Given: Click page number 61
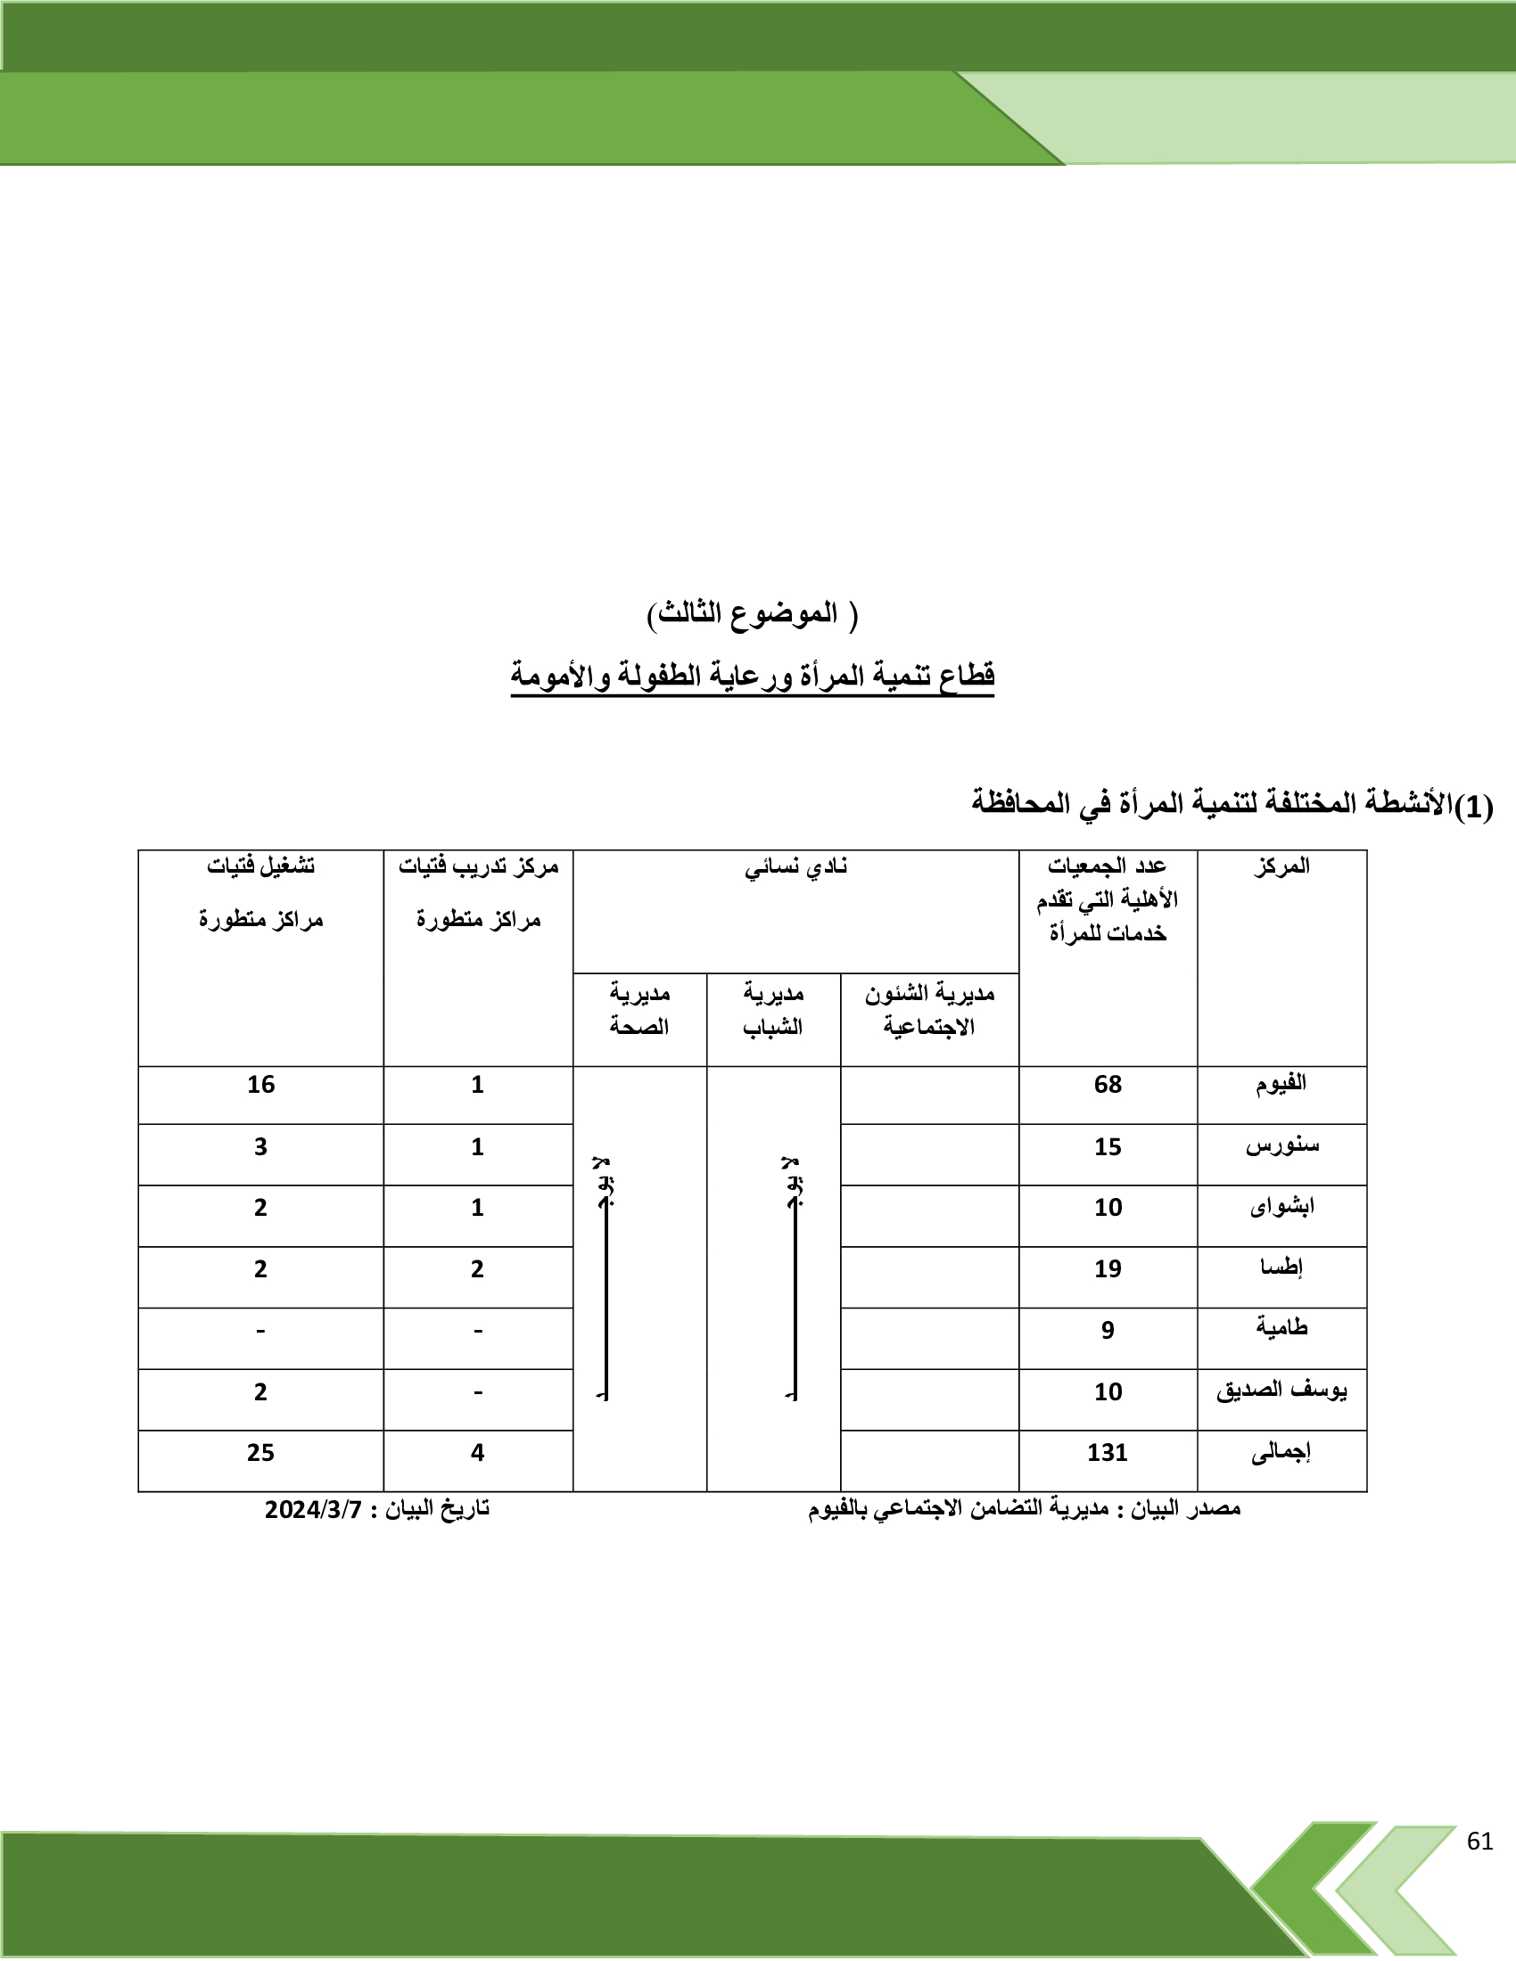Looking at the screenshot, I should click(x=1479, y=1842).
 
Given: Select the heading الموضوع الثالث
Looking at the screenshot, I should click(x=753, y=614).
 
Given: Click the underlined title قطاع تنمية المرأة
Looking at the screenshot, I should click(x=753, y=676).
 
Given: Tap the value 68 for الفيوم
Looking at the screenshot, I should click(x=1108, y=1085).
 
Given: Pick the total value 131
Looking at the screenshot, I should click(x=1107, y=1453).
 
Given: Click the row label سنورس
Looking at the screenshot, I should click(x=1281, y=1146).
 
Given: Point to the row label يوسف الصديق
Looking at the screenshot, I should click(x=1281, y=1391).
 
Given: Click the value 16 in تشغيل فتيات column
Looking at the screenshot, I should click(x=260, y=1085).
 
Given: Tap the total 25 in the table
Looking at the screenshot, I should click(x=260, y=1453).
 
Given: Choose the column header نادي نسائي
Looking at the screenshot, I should click(x=795, y=867).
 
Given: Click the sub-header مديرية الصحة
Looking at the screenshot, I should click(x=639, y=1009).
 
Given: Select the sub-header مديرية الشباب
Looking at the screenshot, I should click(x=773, y=1009).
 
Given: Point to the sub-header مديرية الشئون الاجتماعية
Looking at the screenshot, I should click(x=929, y=1009).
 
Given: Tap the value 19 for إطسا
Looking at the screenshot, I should click(x=1108, y=1268).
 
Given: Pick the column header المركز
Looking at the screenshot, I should click(x=1281, y=867).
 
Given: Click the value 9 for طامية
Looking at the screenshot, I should click(x=1108, y=1330).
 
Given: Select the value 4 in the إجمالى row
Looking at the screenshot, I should click(x=478, y=1453).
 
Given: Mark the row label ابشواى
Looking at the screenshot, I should click(x=1281, y=1207).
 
